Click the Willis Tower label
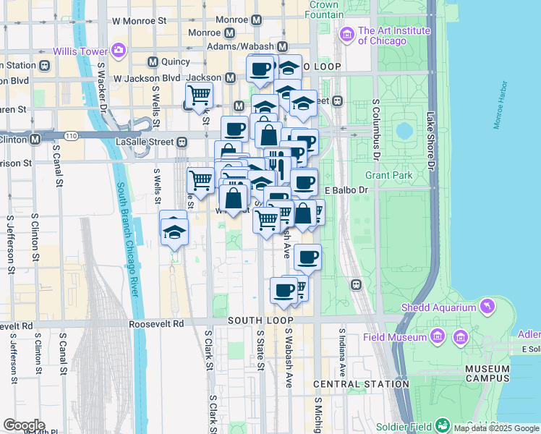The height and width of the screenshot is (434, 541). [80, 51]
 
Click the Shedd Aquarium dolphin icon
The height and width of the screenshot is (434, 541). [488, 307]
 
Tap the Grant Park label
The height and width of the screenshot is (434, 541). [388, 175]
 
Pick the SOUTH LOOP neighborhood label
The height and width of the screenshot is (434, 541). [260, 320]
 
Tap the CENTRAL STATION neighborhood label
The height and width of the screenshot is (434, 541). [351, 383]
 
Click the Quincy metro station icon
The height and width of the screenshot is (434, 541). [153, 62]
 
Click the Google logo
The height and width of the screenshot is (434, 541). [24, 425]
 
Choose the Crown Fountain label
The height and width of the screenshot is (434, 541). [325, 9]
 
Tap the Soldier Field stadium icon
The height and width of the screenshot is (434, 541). [443, 425]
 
